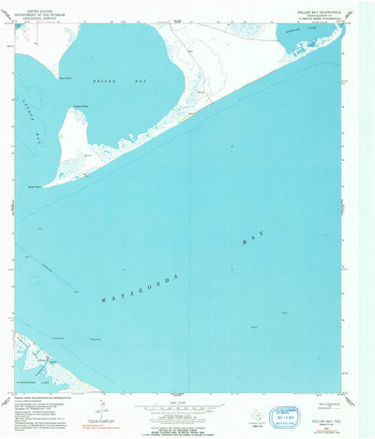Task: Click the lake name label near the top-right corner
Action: (309, 32)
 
